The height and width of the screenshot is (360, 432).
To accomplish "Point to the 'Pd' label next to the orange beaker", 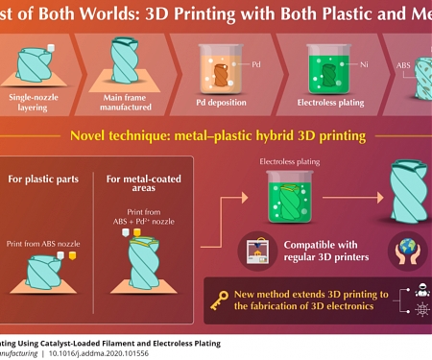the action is pos(256,63).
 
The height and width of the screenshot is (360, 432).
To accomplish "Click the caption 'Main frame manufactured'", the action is pos(131,102).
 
